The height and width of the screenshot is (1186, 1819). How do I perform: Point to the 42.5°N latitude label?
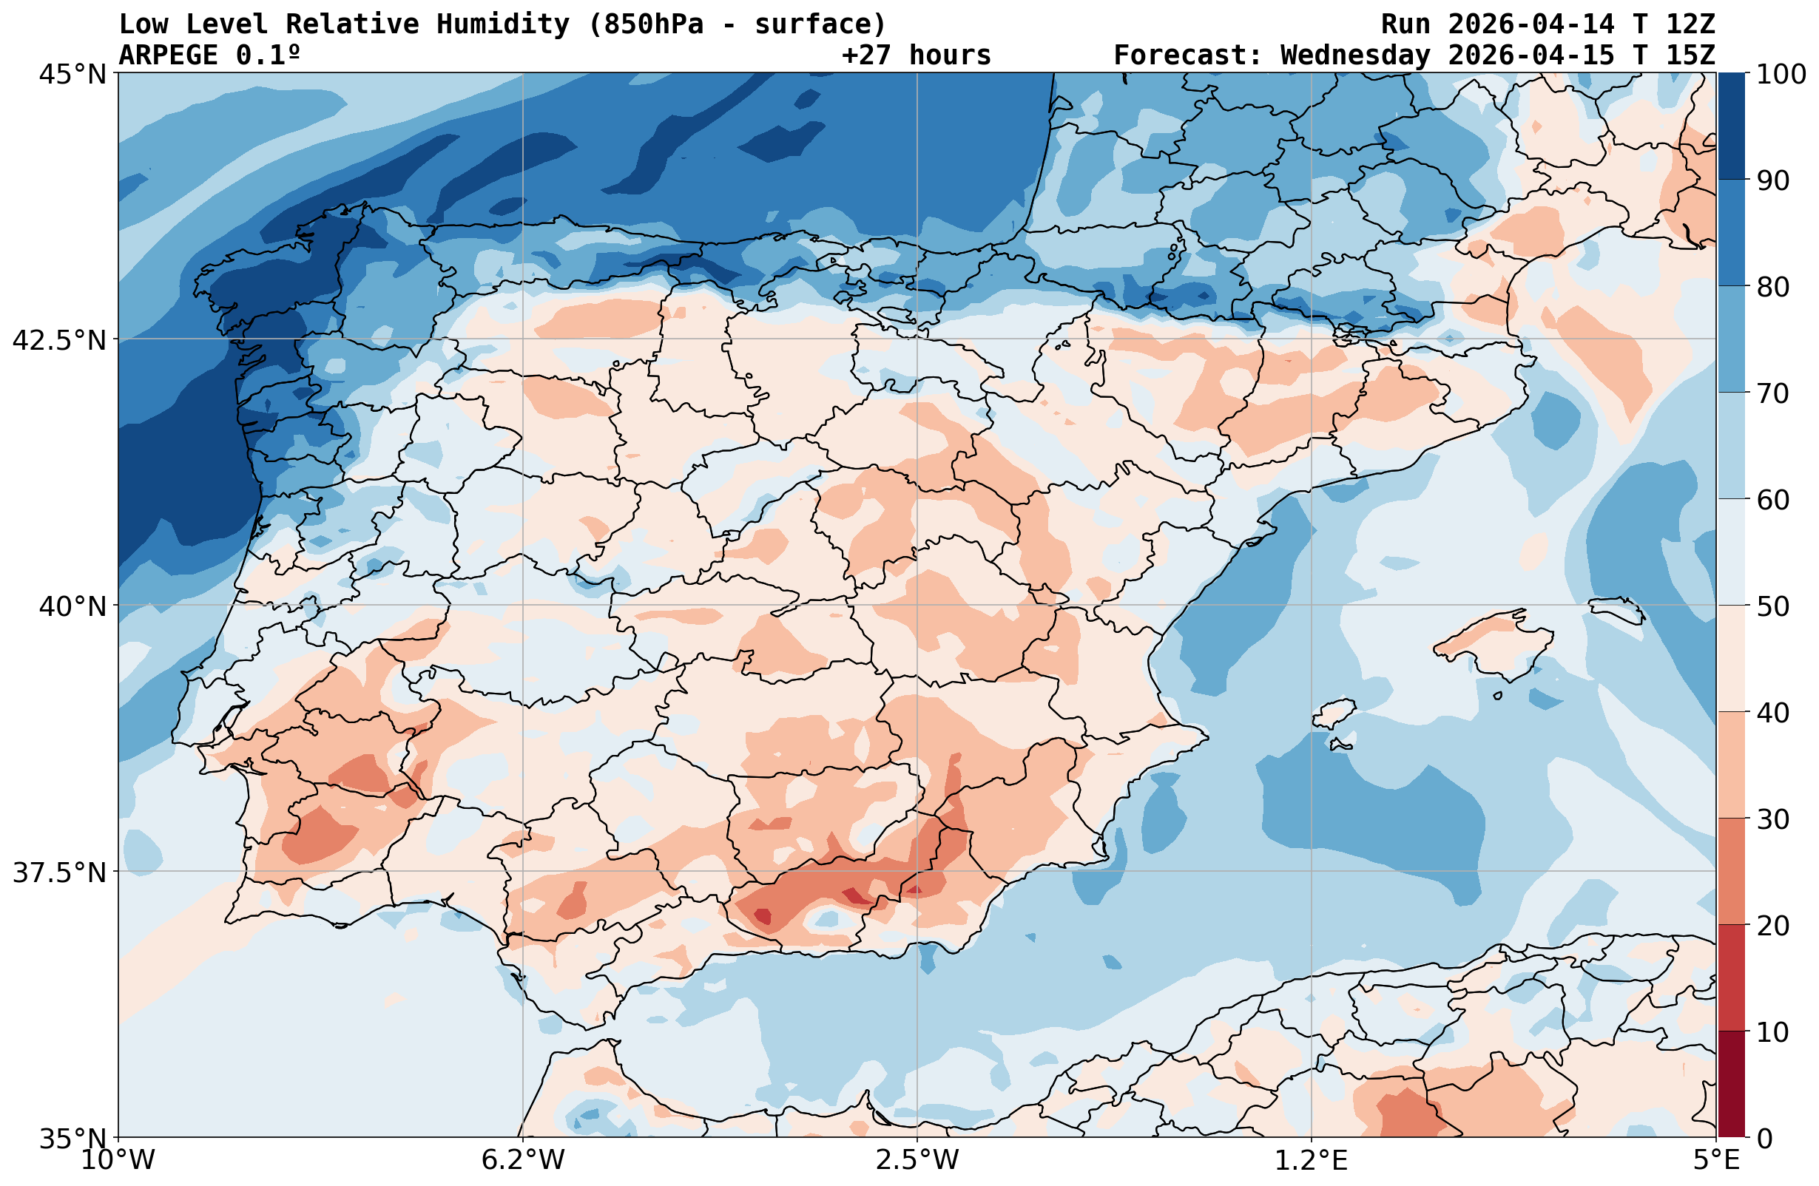click(59, 340)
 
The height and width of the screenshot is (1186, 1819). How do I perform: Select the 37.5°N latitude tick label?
click(59, 872)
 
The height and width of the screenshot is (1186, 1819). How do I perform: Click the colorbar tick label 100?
click(1781, 75)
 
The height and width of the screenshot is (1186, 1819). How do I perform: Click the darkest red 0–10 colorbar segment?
click(1732, 1085)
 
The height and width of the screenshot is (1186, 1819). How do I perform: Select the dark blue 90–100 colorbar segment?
click(1732, 126)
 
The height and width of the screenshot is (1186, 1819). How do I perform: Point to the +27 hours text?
click(917, 55)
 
